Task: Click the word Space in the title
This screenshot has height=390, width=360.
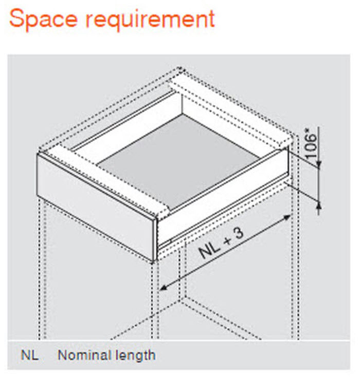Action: click(43, 19)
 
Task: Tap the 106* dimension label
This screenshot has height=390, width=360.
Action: click(311, 144)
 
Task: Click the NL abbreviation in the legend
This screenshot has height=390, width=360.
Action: click(30, 355)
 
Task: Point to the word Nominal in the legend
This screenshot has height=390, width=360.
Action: click(84, 355)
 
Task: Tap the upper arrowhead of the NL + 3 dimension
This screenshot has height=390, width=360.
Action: click(287, 217)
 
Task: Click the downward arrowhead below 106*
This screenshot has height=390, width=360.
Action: click(319, 164)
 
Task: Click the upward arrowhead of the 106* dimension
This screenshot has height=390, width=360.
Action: click(319, 205)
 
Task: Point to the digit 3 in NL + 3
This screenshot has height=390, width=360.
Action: click(238, 234)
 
